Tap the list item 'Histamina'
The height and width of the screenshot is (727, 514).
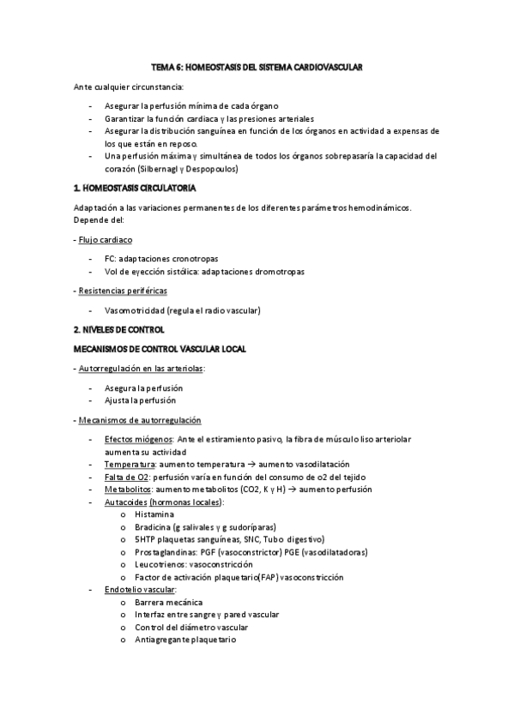(x=154, y=514)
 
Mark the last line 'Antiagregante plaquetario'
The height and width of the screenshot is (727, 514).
(x=184, y=640)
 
